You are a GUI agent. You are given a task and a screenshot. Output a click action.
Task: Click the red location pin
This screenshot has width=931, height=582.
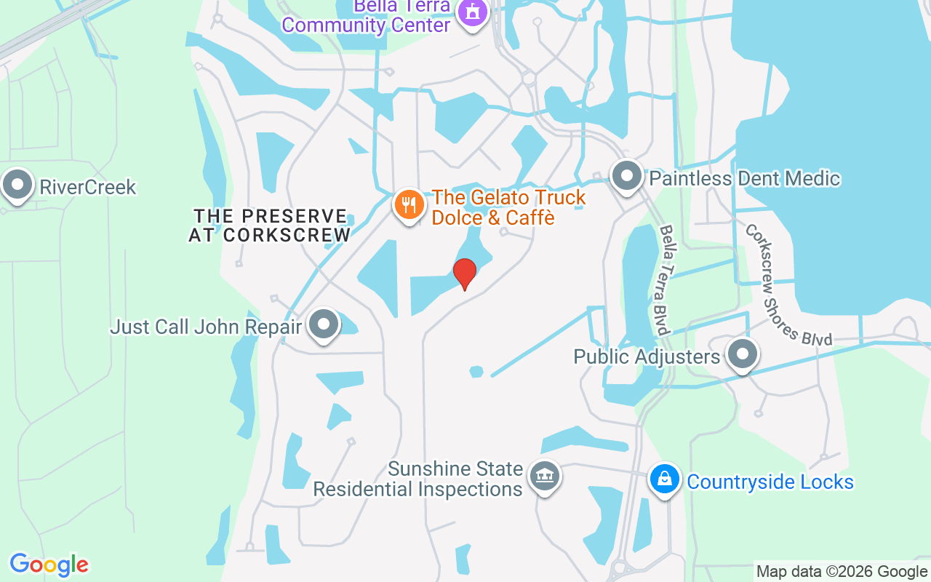click(465, 274)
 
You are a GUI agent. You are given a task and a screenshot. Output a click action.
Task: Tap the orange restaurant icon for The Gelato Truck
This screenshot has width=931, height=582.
click(409, 204)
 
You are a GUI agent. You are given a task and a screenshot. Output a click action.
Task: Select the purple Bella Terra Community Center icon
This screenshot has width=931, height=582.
click(474, 12)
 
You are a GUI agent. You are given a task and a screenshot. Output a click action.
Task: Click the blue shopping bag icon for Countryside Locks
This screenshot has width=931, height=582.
click(664, 479)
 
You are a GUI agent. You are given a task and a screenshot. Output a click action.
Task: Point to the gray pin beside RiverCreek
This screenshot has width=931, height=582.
click(17, 185)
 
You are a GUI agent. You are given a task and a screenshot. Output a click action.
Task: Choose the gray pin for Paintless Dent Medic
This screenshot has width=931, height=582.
click(626, 176)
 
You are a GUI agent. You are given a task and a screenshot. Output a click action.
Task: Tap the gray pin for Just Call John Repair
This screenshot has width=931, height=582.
click(324, 324)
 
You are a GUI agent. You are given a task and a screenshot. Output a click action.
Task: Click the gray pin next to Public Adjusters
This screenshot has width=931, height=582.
click(743, 355)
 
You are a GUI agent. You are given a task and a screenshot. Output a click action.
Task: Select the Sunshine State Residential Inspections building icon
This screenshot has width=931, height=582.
click(544, 477)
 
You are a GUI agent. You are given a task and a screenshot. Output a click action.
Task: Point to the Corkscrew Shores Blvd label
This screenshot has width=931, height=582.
click(788, 284)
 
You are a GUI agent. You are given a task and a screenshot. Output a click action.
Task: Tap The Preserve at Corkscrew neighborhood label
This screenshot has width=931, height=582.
click(270, 226)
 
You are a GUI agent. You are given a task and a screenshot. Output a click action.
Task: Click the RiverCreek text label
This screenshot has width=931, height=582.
click(87, 187)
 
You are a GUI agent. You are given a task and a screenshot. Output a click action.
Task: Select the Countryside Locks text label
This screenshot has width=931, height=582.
click(770, 482)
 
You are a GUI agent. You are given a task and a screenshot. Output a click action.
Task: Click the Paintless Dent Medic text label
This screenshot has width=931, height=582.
click(744, 178)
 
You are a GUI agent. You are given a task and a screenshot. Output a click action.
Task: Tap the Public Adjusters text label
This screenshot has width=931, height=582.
click(647, 356)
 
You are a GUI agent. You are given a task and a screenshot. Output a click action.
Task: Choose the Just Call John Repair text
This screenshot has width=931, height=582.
click(206, 327)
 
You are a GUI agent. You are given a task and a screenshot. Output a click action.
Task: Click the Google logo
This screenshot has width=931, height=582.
click(49, 565)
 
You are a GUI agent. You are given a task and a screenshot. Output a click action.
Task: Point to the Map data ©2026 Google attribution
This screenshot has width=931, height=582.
click(842, 572)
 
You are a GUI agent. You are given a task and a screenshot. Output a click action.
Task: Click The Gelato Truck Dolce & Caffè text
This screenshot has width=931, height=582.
click(508, 207)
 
